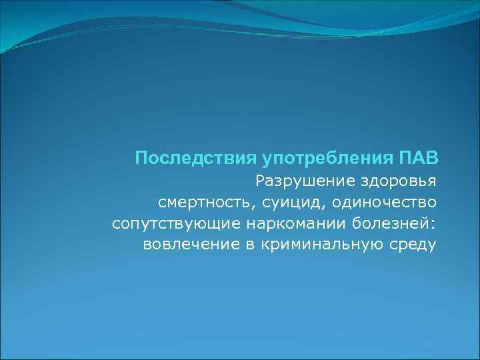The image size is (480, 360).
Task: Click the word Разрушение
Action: coord(298,181)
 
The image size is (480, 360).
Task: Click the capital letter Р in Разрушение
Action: coord(260,181)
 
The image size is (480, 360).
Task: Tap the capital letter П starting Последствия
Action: coord(140,159)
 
